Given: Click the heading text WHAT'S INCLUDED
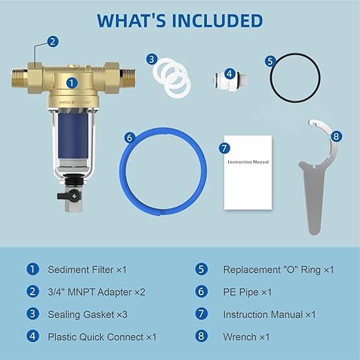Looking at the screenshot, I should [180, 19].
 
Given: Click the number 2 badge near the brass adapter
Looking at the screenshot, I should [54, 41].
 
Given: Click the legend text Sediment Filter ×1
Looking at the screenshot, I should [86, 270].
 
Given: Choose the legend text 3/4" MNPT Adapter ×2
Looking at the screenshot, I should [97, 292].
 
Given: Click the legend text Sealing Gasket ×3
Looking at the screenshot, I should [87, 314].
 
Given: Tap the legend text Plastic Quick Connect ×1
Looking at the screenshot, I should [102, 337].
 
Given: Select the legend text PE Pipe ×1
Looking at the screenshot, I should [247, 292].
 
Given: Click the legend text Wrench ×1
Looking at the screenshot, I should [246, 337].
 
